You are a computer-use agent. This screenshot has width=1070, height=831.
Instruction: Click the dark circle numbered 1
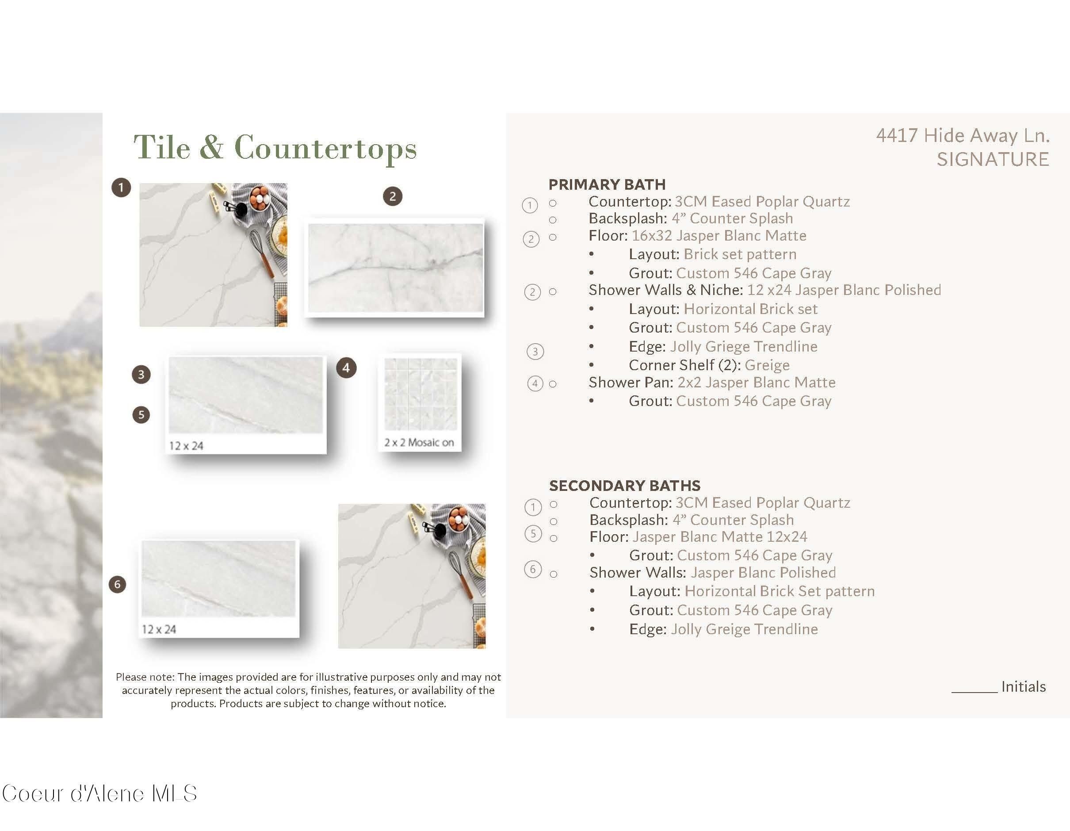click(x=121, y=187)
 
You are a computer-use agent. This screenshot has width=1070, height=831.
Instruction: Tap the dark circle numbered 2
click(x=393, y=196)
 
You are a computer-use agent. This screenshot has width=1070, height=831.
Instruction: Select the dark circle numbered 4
click(x=346, y=368)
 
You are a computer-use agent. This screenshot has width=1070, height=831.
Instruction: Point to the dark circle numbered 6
click(x=117, y=584)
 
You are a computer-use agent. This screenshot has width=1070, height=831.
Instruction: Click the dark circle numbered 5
click(x=141, y=415)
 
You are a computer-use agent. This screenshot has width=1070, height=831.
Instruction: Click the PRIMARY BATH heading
click(x=607, y=184)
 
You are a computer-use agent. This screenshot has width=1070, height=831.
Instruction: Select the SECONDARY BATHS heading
click(x=625, y=486)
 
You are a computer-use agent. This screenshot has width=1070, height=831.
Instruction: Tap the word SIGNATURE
click(x=993, y=159)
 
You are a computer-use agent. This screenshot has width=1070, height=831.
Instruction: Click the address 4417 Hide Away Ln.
click(x=963, y=135)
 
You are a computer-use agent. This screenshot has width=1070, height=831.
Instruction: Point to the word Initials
click(x=1024, y=686)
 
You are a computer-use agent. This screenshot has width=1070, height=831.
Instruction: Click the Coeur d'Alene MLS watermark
click(x=99, y=793)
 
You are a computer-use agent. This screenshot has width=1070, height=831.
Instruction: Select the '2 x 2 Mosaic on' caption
click(x=419, y=442)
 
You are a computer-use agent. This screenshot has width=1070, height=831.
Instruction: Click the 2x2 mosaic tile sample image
click(x=420, y=394)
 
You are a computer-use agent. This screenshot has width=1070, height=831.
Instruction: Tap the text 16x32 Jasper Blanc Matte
click(x=719, y=236)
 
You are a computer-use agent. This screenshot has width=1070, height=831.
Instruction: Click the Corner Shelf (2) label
click(x=685, y=365)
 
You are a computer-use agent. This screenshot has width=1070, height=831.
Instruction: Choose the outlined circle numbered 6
click(x=533, y=569)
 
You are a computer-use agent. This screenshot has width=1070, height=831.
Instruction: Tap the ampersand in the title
click(x=212, y=146)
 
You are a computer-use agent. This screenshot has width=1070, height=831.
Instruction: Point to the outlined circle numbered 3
click(x=535, y=351)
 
